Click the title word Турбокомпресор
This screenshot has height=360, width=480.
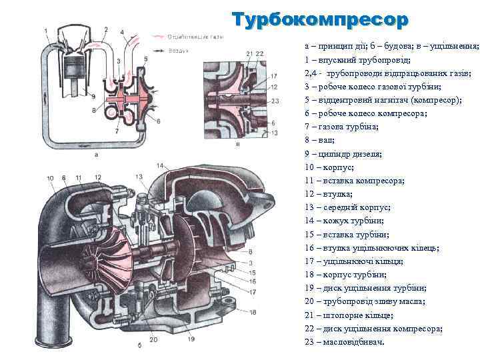(319, 20)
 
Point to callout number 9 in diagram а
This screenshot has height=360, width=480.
(95, 96)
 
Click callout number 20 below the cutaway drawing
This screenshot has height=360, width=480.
(153, 339)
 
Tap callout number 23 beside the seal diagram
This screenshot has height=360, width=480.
(275, 101)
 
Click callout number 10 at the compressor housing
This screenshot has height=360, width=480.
(51, 178)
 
